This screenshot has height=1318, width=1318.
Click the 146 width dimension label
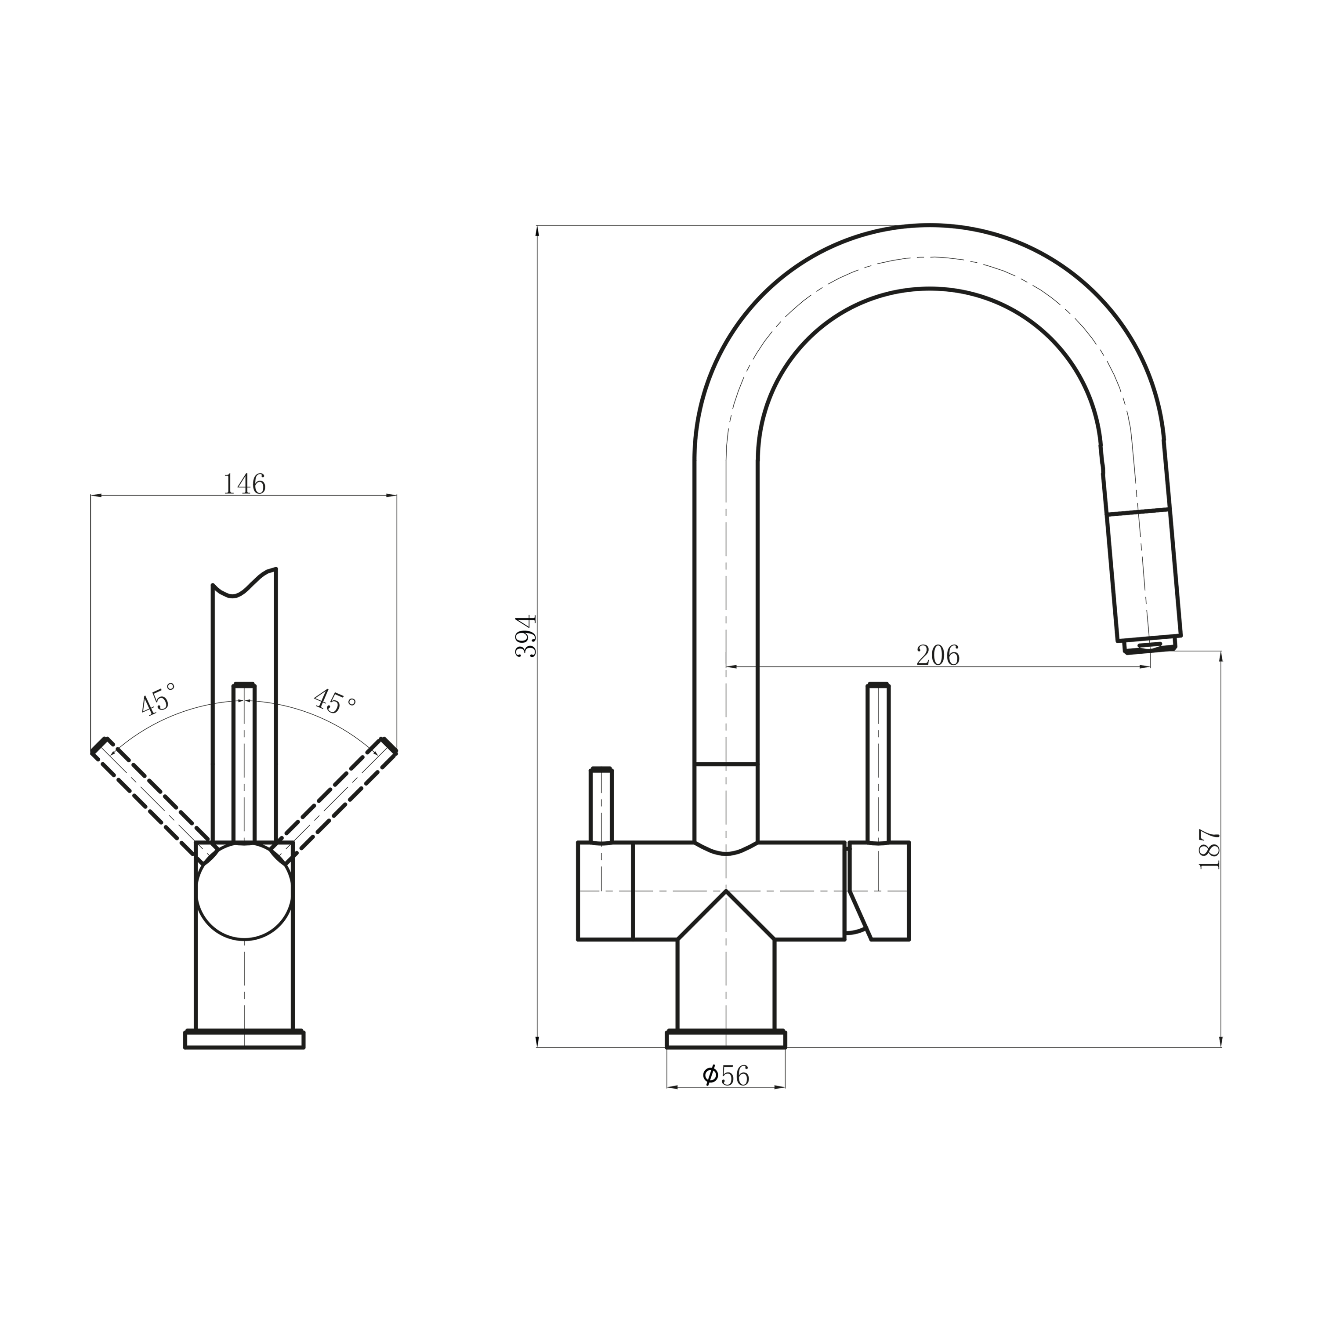(244, 484)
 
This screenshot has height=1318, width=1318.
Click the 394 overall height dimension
(526, 636)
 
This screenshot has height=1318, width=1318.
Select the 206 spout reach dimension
(938, 655)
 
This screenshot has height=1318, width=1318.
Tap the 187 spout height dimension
(1209, 849)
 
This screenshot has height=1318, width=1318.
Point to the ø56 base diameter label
(726, 1076)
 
